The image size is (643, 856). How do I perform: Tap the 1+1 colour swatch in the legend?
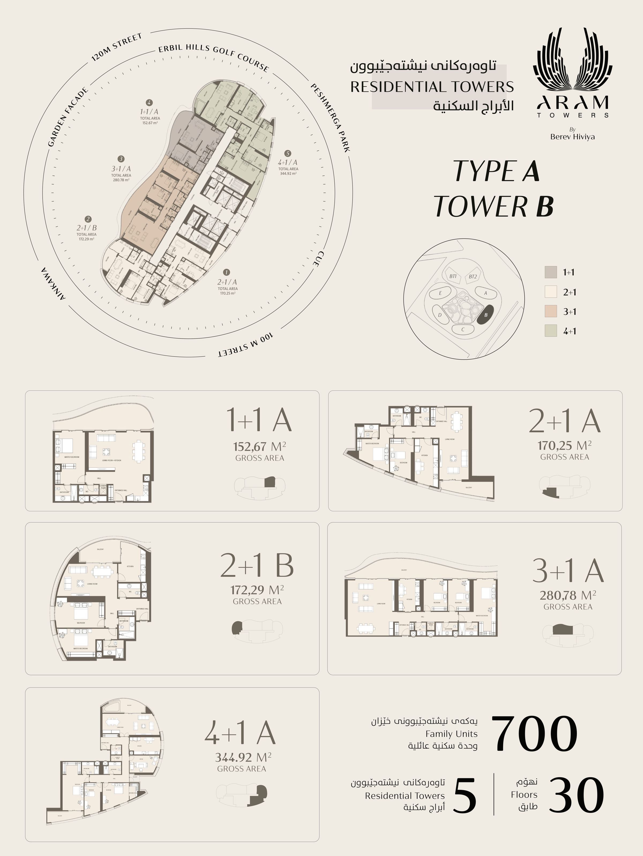click(551, 272)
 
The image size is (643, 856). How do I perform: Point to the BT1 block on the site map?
click(453, 276)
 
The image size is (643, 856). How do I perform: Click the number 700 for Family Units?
click(534, 733)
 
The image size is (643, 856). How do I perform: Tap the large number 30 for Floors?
click(576, 796)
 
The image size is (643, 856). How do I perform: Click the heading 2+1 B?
click(257, 565)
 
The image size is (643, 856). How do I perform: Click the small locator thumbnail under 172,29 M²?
click(257, 629)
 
